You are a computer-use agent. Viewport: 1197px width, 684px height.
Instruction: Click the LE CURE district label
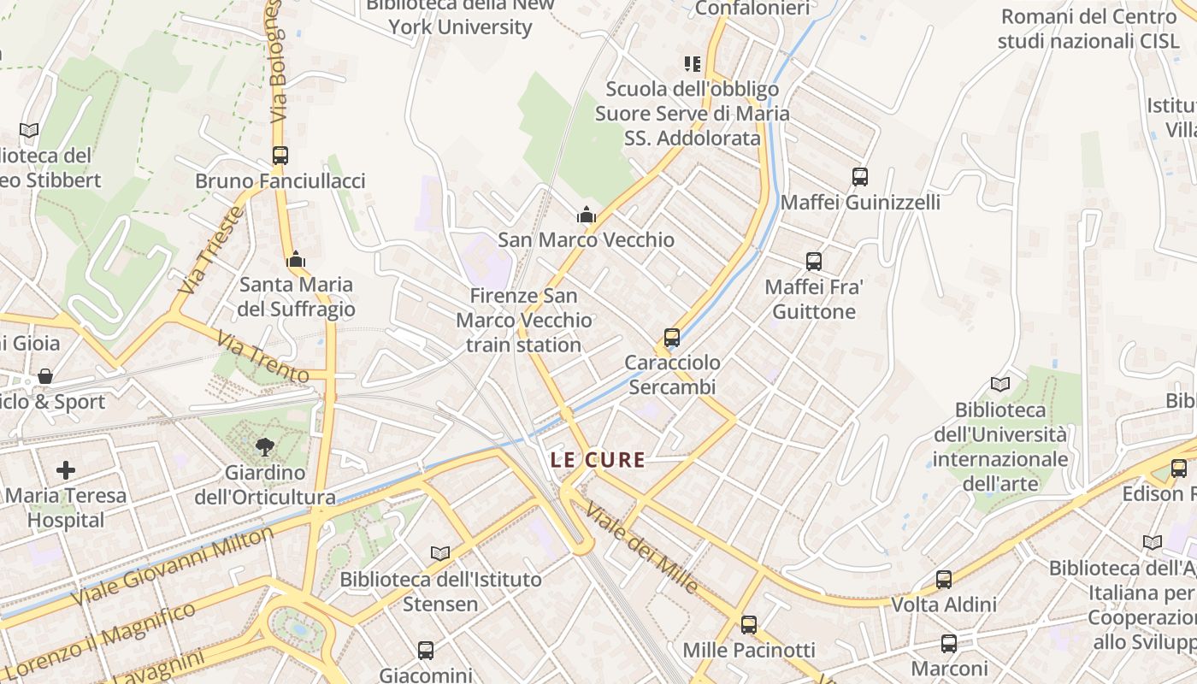tap(598, 460)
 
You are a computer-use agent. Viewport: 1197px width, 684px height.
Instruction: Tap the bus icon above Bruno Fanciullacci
tap(280, 156)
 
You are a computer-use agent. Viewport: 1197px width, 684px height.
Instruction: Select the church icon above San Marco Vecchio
tap(586, 215)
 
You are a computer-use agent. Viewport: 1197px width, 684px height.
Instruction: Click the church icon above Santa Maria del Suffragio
tap(296, 259)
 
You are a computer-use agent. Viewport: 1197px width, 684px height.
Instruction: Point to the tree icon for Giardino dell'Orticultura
tap(265, 446)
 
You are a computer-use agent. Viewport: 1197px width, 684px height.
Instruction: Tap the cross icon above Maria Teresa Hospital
tap(66, 469)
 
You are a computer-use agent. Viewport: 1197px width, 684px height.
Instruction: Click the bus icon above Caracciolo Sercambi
tap(672, 338)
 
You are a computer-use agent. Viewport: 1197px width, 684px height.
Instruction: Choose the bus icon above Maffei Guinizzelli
tap(860, 177)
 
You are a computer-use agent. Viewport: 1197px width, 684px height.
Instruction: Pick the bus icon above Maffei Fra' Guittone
tap(814, 262)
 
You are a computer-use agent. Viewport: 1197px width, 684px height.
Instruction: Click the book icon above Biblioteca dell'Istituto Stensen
tap(440, 554)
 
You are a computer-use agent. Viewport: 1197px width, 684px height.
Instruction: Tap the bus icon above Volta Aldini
tap(944, 580)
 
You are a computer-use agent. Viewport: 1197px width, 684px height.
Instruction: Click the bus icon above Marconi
tap(949, 644)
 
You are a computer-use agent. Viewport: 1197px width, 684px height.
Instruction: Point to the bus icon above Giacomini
tap(426, 651)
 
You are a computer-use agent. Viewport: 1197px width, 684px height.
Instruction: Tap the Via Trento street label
tap(262, 357)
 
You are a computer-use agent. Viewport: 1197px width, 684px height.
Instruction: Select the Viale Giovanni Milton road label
tap(173, 566)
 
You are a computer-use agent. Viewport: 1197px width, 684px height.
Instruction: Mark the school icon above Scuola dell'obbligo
tap(693, 64)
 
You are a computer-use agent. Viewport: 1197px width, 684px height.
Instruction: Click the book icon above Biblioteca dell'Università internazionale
tap(999, 384)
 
